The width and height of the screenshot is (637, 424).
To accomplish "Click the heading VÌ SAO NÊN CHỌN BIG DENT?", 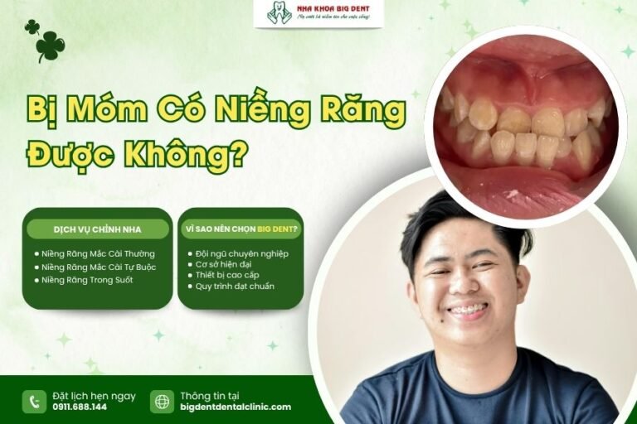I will pos(241,229).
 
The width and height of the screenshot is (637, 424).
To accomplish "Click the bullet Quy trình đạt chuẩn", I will pos(236,287).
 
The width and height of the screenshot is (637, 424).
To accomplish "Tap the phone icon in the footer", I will pos(34,402).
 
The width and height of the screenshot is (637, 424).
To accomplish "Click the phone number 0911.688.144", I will pos(80,407).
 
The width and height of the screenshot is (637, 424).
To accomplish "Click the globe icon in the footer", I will pos(162,402).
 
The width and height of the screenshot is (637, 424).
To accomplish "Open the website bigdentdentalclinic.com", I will pos(236,407).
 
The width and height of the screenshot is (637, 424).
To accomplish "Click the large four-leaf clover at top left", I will pos(51,47).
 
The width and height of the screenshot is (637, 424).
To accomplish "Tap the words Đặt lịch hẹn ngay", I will pos(94,396).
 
